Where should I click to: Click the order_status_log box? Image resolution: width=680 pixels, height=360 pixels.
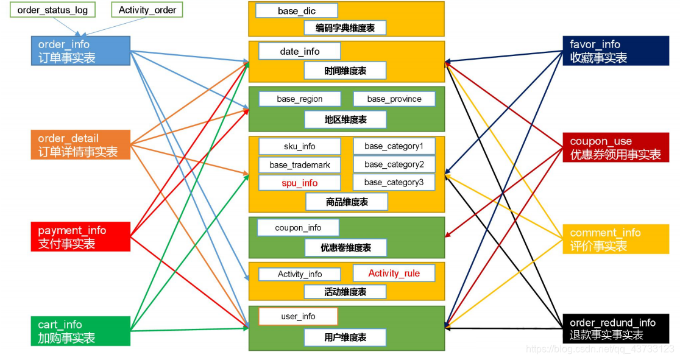coord(52,10)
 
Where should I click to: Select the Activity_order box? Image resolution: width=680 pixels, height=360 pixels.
coord(147,10)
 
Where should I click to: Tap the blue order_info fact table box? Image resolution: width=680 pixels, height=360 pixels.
coord(81,51)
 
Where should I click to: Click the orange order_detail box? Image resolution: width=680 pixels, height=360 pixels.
coord(81,145)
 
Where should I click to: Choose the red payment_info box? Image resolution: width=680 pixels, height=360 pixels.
coord(81,237)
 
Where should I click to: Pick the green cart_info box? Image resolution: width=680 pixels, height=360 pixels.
coord(81,331)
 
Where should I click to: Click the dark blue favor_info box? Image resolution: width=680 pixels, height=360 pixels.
coord(615,51)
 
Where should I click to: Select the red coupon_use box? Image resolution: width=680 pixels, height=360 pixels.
coord(615,148)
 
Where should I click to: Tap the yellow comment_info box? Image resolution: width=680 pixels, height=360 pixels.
coord(615,239)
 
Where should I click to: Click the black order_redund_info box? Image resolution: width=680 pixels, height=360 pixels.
coord(615,329)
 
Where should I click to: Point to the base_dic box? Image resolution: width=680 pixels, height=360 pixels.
coord(297,11)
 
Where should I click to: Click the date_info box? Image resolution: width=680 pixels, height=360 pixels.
coord(300,52)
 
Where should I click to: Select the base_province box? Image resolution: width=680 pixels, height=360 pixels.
coord(394,99)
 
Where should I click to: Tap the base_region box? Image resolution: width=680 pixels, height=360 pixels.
coord(300,99)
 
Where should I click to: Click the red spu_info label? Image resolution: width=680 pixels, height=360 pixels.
coord(300,183)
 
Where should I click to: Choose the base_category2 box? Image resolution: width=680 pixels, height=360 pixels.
coord(394,164)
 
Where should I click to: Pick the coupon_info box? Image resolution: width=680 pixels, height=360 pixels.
coord(298,228)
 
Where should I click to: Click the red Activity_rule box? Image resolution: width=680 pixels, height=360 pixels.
coord(394,274)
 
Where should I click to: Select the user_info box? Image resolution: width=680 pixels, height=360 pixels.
coord(298,316)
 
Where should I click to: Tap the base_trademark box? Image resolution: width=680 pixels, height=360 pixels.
coord(300,165)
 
